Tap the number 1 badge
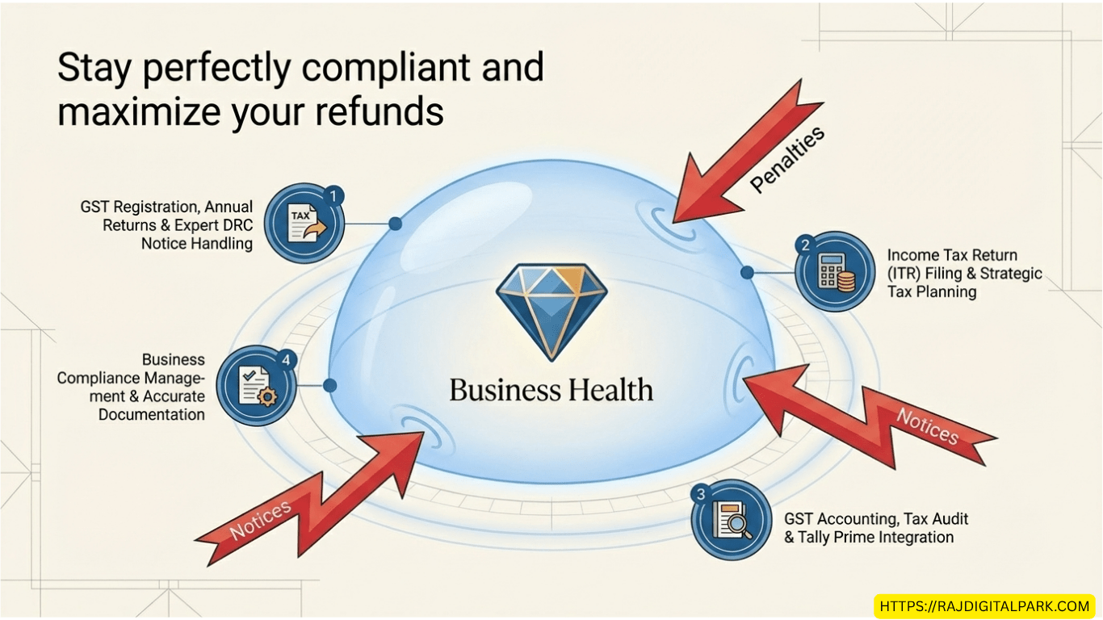click(x=333, y=196)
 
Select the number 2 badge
click(x=806, y=245)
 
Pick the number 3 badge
click(x=701, y=494)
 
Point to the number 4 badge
click(x=286, y=360)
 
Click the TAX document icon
click(x=306, y=223)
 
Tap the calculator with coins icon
click(x=836, y=272)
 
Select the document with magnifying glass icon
click(x=732, y=520)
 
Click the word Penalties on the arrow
click(x=786, y=159)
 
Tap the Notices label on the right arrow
click(x=927, y=426)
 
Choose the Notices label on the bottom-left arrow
click(x=261, y=520)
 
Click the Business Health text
click(x=551, y=390)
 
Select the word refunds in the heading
click(x=380, y=111)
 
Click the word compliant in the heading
click(x=385, y=69)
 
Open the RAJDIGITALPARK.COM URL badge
click(x=985, y=605)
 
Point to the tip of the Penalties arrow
click(x=673, y=223)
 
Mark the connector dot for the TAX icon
click(x=396, y=224)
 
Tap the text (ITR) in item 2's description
click(x=904, y=274)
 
